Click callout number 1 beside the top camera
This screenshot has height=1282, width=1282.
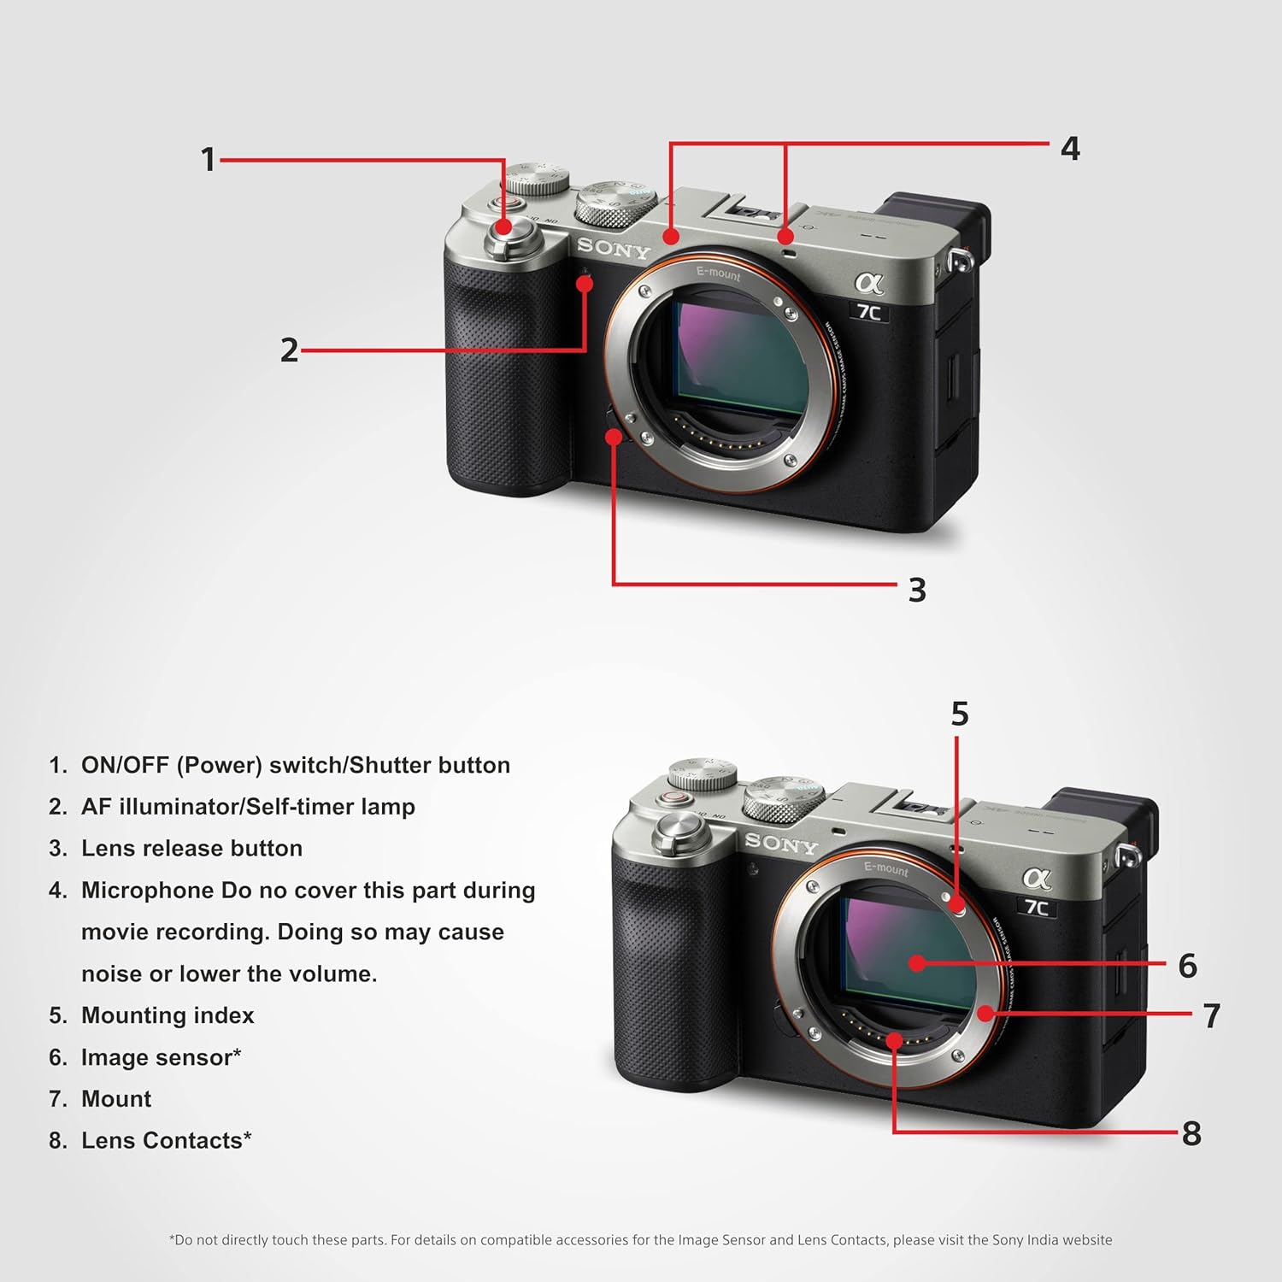208,159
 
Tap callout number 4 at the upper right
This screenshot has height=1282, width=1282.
1070,149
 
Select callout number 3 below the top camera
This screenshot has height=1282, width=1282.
917,590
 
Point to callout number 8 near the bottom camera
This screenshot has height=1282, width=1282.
1191,1133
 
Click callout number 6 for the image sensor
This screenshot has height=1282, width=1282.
1187,966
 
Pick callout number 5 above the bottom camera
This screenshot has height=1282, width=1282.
960,714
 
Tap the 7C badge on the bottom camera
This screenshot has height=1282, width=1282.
1037,907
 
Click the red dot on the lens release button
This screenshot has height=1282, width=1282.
613,436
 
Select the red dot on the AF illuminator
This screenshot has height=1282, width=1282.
585,284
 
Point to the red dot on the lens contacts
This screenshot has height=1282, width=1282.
894,1040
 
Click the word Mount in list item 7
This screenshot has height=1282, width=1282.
116,1098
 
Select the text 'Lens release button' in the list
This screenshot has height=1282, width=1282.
192,848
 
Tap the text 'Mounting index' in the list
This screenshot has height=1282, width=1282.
168,1015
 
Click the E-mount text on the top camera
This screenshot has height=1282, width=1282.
719,273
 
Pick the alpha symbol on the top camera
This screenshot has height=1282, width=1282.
869,281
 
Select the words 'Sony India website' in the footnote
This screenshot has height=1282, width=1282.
1052,1239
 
